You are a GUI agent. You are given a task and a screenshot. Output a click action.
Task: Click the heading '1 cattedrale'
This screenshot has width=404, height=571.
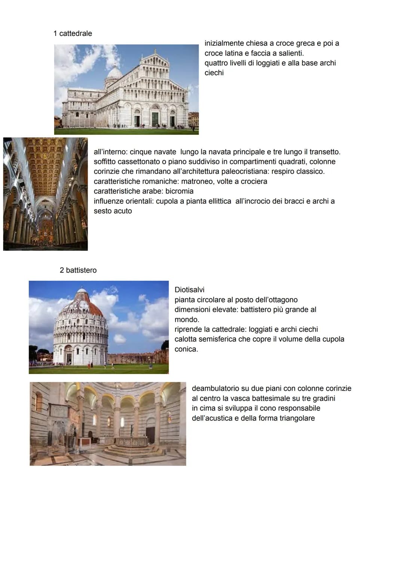point(73,33)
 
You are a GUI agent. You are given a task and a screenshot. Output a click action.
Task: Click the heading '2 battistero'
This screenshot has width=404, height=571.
point(78,270)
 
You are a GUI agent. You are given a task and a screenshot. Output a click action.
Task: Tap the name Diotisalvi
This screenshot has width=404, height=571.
point(189,290)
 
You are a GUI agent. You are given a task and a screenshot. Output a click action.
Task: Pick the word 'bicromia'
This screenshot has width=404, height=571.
point(179,191)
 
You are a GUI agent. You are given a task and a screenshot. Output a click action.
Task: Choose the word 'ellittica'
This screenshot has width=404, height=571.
point(217,201)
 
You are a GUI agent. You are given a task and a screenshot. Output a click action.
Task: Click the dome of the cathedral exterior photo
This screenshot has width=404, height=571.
point(114,71)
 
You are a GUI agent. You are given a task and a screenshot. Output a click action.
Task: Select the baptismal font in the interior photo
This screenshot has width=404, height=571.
point(131,441)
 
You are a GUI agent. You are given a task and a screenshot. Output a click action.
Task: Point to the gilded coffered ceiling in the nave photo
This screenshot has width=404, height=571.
point(45,165)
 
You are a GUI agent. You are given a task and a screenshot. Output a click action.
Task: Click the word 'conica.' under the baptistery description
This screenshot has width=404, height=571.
point(186,349)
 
